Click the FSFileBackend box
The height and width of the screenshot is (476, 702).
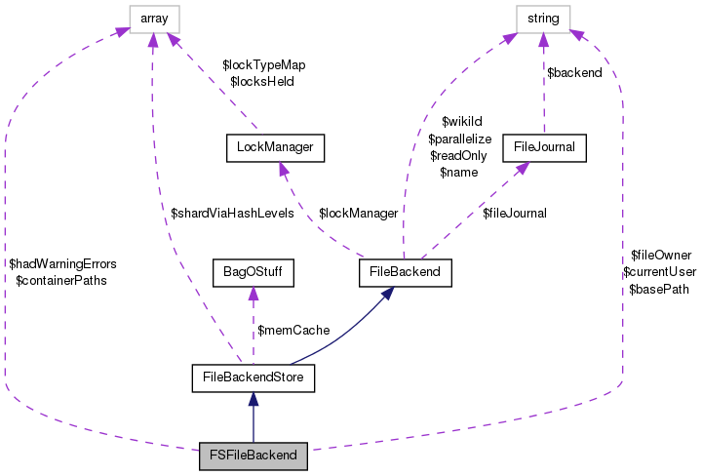tap(253, 455)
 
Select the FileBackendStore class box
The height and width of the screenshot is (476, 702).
tap(253, 376)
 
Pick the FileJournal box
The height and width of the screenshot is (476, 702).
tap(543, 147)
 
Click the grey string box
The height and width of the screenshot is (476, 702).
tap(543, 18)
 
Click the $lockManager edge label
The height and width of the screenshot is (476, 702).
tap(358, 213)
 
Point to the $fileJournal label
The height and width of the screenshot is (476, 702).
tap(514, 213)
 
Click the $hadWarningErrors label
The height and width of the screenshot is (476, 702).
tap(61, 263)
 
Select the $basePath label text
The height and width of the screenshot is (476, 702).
tap(659, 289)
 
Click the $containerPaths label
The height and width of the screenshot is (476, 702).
tap(61, 280)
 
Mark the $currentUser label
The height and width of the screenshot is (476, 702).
tap(659, 272)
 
